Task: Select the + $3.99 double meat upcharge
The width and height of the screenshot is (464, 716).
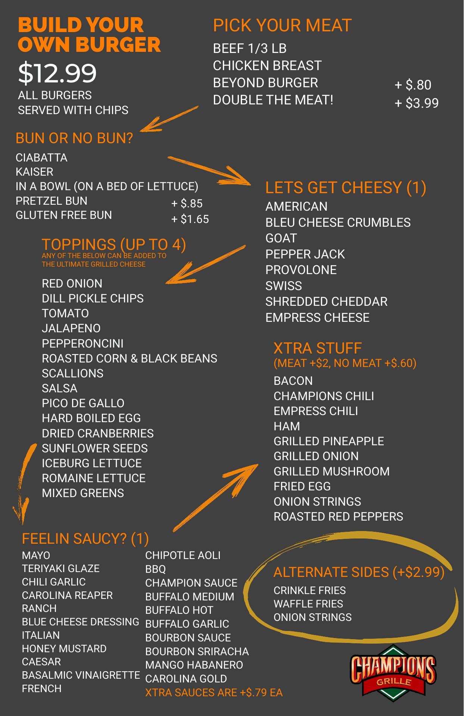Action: [x=417, y=103]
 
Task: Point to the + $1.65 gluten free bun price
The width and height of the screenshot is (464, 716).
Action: [x=190, y=219]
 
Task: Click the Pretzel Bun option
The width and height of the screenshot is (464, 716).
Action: [x=52, y=201]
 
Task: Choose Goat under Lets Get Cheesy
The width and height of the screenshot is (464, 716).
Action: [x=281, y=238]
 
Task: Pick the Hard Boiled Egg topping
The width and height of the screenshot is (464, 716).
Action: [x=91, y=418]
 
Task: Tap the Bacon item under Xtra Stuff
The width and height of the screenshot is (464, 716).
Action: [x=293, y=381]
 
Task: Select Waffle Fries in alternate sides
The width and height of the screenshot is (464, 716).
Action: [x=308, y=604]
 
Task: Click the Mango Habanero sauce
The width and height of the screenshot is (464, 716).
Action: [x=194, y=665]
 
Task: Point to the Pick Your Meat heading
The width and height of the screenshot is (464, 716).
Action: [x=282, y=25]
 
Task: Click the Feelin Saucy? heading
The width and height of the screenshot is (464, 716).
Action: [x=85, y=538]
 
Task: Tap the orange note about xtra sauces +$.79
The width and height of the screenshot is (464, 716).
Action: [x=214, y=693]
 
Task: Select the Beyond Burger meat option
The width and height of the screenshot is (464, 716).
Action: [x=265, y=83]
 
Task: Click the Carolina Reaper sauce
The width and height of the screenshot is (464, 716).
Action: [x=67, y=595]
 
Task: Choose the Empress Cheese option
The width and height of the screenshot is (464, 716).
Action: [x=317, y=317]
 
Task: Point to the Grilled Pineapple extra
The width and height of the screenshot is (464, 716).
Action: [x=328, y=441]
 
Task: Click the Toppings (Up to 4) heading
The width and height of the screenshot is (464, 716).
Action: [x=114, y=245]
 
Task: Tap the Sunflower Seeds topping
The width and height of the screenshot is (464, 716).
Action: [x=95, y=448]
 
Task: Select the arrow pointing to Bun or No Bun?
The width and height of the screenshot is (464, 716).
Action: [x=169, y=119]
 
